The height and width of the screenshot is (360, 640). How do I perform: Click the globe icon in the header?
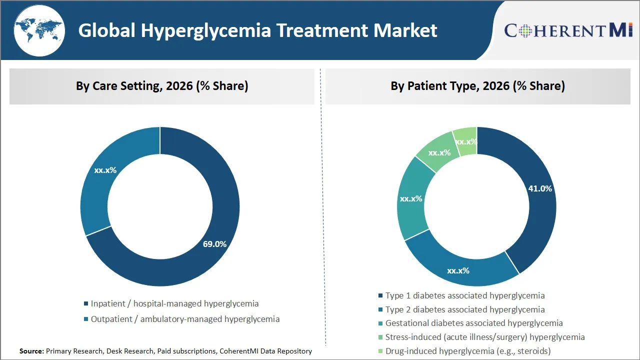coord(39,30)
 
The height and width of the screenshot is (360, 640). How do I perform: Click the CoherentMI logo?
coord(568,30)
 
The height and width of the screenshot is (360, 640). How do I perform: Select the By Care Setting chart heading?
coord(162,86)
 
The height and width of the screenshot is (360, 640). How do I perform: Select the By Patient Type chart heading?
coord(477,86)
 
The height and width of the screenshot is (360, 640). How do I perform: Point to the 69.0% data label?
coord(214,244)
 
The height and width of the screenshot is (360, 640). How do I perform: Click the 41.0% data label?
coord(540,188)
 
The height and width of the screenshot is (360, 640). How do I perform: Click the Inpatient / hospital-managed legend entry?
coord(174,303)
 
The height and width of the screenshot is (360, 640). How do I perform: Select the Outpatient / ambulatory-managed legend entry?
coord(185,319)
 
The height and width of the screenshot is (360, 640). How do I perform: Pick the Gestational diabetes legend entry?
coord(473,323)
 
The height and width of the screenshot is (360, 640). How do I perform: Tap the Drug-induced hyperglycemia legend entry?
coord(467,351)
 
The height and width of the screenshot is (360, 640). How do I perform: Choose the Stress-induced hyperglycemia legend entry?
coord(484,337)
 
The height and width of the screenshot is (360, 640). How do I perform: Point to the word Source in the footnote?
coord(31,351)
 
